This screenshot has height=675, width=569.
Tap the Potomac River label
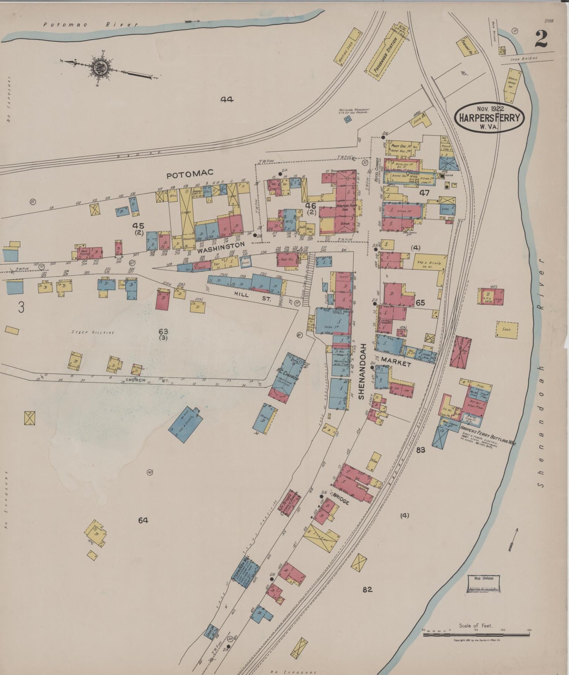[x=91, y=24]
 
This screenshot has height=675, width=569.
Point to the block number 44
[x=227, y=100]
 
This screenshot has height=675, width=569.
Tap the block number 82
[x=367, y=590]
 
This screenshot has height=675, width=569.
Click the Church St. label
[x=136, y=380]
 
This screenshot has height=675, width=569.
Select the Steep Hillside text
[x=93, y=332]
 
